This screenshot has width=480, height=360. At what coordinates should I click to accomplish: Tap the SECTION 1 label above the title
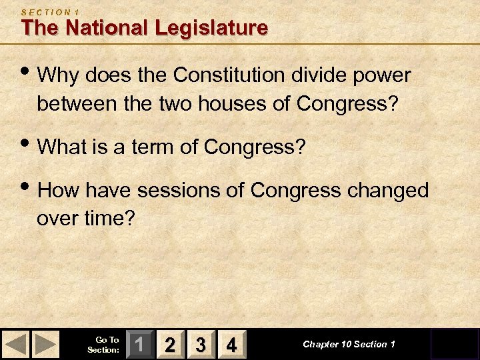coord(51,11)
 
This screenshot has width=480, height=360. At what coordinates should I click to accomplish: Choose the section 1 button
coord(140,345)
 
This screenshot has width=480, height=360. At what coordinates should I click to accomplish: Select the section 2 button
coord(171,345)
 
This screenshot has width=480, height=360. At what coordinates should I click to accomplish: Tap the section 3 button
coord(201,345)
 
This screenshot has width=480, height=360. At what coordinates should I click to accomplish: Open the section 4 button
coord(231,345)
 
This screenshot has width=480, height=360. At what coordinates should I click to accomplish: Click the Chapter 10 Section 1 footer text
coord(349,345)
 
